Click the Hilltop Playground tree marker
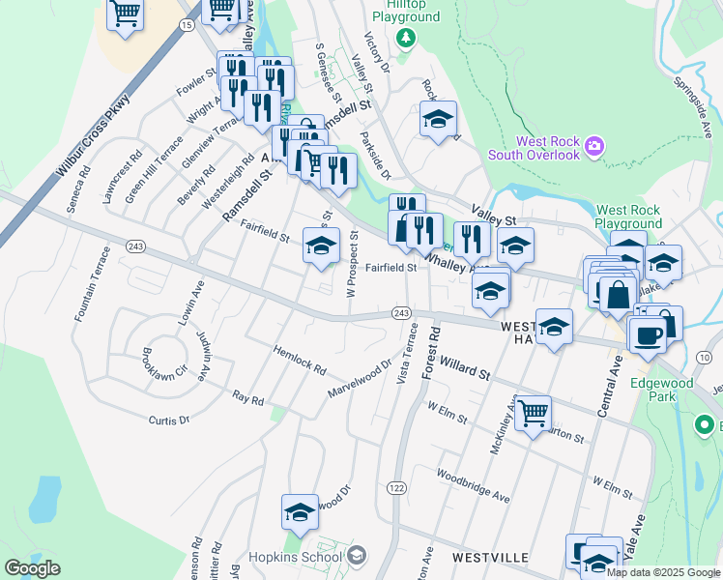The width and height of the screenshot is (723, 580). tap(406, 38)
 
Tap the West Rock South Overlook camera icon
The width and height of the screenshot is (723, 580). tap(593, 147)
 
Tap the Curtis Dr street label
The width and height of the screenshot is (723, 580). tap(168, 420)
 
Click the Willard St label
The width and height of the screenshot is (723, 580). tap(465, 367)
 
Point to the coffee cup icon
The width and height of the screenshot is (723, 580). tap(647, 334)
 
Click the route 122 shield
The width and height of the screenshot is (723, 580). tap(396, 489)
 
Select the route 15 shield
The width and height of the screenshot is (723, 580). tap(187, 24)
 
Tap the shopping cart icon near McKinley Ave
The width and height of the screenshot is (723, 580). tap(533, 414)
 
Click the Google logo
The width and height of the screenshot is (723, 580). tap(32, 568)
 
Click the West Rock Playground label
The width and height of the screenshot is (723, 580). tap(628, 217)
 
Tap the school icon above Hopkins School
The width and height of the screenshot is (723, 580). tap(300, 512)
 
